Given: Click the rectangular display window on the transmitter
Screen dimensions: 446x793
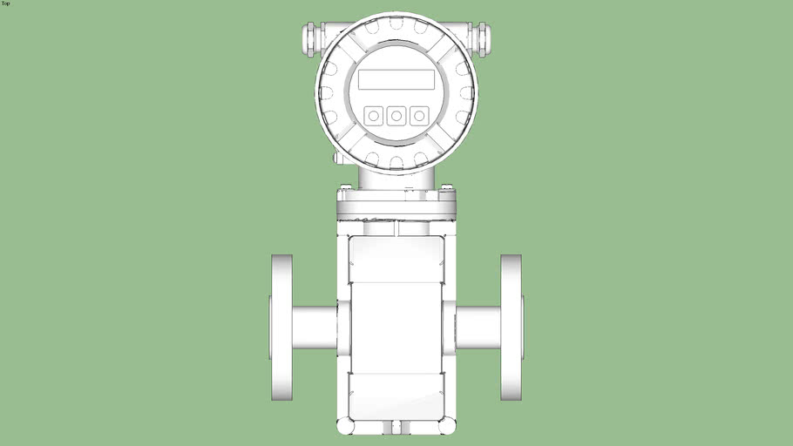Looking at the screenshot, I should point(396,79).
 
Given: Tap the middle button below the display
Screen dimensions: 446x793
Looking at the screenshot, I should point(396,115).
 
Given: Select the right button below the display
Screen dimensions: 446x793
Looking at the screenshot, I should point(419,115).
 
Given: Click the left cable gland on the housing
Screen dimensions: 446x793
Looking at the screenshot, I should point(310,37).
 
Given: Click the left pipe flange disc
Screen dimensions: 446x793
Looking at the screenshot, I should point(281,328).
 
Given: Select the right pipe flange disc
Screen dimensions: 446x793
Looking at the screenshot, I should point(511,328).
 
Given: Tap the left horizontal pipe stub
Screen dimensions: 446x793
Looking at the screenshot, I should point(314,328).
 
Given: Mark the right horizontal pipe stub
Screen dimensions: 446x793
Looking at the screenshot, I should point(478,328).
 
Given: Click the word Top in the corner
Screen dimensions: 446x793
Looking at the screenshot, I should point(6,3).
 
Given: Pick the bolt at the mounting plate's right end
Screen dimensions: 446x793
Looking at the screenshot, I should point(447,187).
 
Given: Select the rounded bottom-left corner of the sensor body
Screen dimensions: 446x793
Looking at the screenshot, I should point(345,426).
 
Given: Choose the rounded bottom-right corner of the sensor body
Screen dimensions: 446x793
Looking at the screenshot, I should point(448,426).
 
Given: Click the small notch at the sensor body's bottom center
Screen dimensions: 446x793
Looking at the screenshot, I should point(396,426).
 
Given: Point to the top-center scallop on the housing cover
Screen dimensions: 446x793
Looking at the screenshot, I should point(396,28).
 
